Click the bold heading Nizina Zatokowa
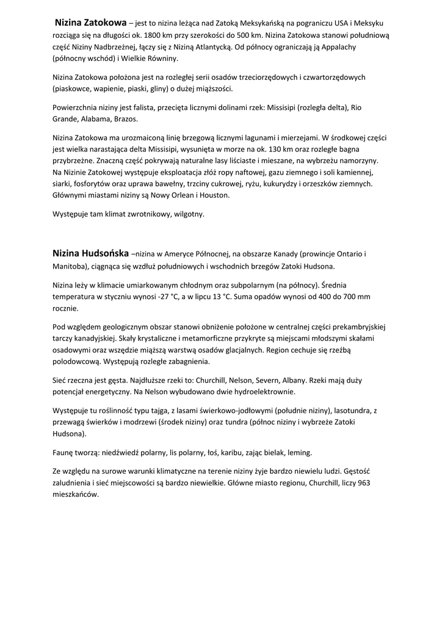coord(91,23)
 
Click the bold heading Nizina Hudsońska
coord(90,253)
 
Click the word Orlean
coord(181,195)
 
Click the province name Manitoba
coord(69,266)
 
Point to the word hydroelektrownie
coord(264,392)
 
